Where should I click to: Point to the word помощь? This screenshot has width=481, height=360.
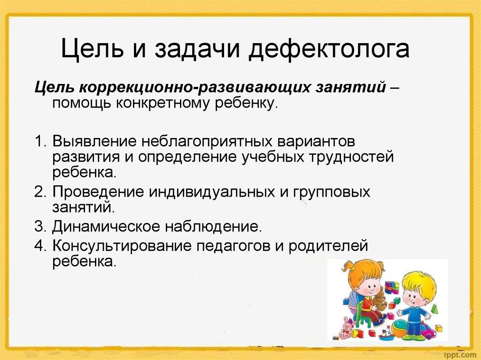pos(81,104)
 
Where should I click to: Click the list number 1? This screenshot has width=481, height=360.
pos(40,141)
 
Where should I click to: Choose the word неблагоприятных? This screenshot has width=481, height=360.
pos(207,142)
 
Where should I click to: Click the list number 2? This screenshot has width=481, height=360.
pos(40,192)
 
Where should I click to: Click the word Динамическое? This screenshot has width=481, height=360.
pos(106,227)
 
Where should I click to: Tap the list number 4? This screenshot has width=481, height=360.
pos(40,246)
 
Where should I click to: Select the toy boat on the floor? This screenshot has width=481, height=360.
pos(387,335)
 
